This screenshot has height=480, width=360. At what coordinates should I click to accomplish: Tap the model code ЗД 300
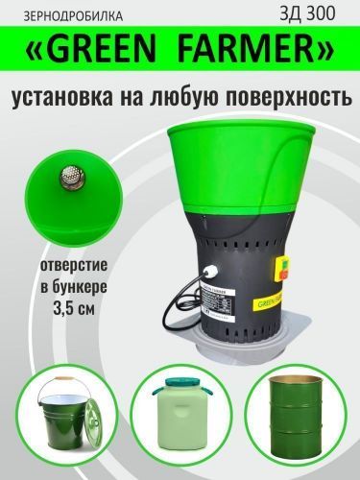pyautogui.click(x=318, y=13)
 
